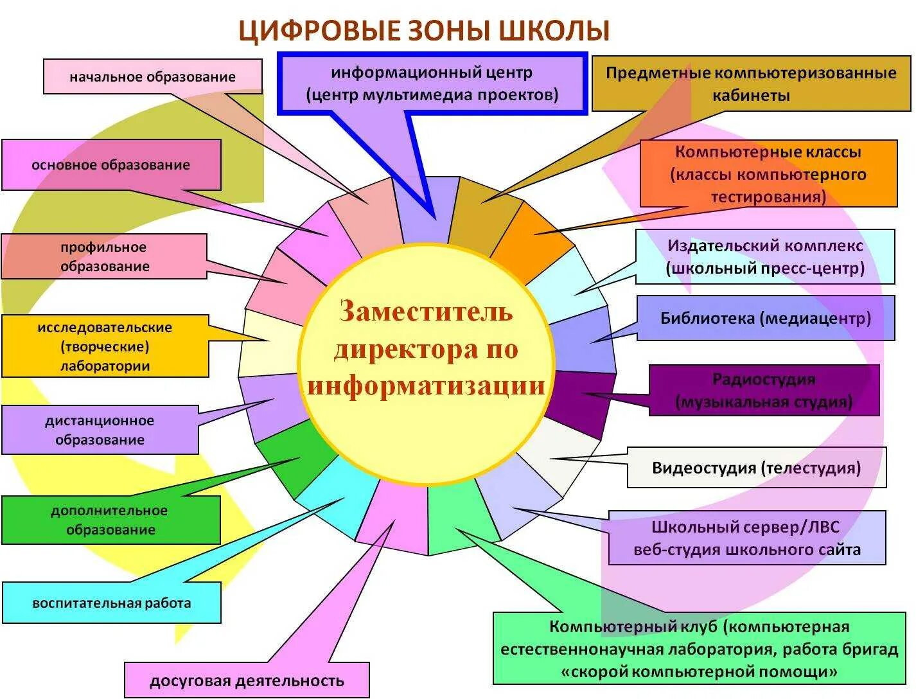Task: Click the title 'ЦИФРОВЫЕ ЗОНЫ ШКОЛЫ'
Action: click(424, 31)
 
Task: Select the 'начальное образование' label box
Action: click(153, 77)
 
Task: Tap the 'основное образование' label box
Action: click(111, 165)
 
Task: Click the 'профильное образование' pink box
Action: click(105, 256)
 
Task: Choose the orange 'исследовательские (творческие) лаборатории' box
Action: click(105, 346)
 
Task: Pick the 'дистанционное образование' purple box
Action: click(100, 430)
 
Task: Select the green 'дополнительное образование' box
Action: click(110, 520)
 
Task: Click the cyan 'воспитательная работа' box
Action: click(112, 603)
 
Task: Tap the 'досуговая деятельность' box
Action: click(247, 680)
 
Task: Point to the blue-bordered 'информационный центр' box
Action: click(432, 84)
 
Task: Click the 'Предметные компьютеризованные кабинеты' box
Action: click(751, 84)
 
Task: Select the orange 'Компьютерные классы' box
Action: click(768, 174)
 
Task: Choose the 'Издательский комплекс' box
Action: click(765, 256)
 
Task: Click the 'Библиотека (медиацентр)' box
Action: click(766, 318)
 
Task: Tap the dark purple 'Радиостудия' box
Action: click(764, 391)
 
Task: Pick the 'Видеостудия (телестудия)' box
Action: click(757, 468)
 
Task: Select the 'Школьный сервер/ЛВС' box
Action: click(747, 538)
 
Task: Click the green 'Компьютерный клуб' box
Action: click(700, 649)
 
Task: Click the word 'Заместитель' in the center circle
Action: click(427, 312)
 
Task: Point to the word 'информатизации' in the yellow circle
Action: click(427, 386)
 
